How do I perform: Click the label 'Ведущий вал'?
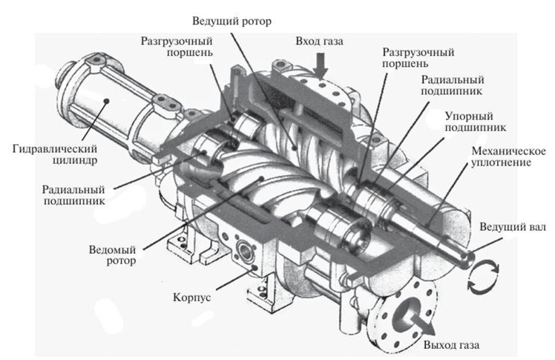click(x=512, y=227)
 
